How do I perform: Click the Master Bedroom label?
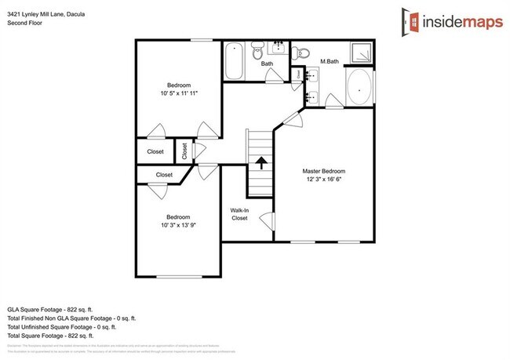pos(324,171)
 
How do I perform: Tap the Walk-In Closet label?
pos(239,214)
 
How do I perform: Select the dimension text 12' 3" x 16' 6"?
pos(324,180)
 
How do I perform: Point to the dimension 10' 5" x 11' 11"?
pos(177,93)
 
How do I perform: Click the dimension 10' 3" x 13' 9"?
pos(177,225)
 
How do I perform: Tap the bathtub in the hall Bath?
pos(235,62)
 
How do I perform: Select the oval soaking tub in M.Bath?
pos(359,88)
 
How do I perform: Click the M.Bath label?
pos(329,61)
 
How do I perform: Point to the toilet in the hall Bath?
pos(259,55)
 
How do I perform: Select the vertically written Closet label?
pos(184,151)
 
